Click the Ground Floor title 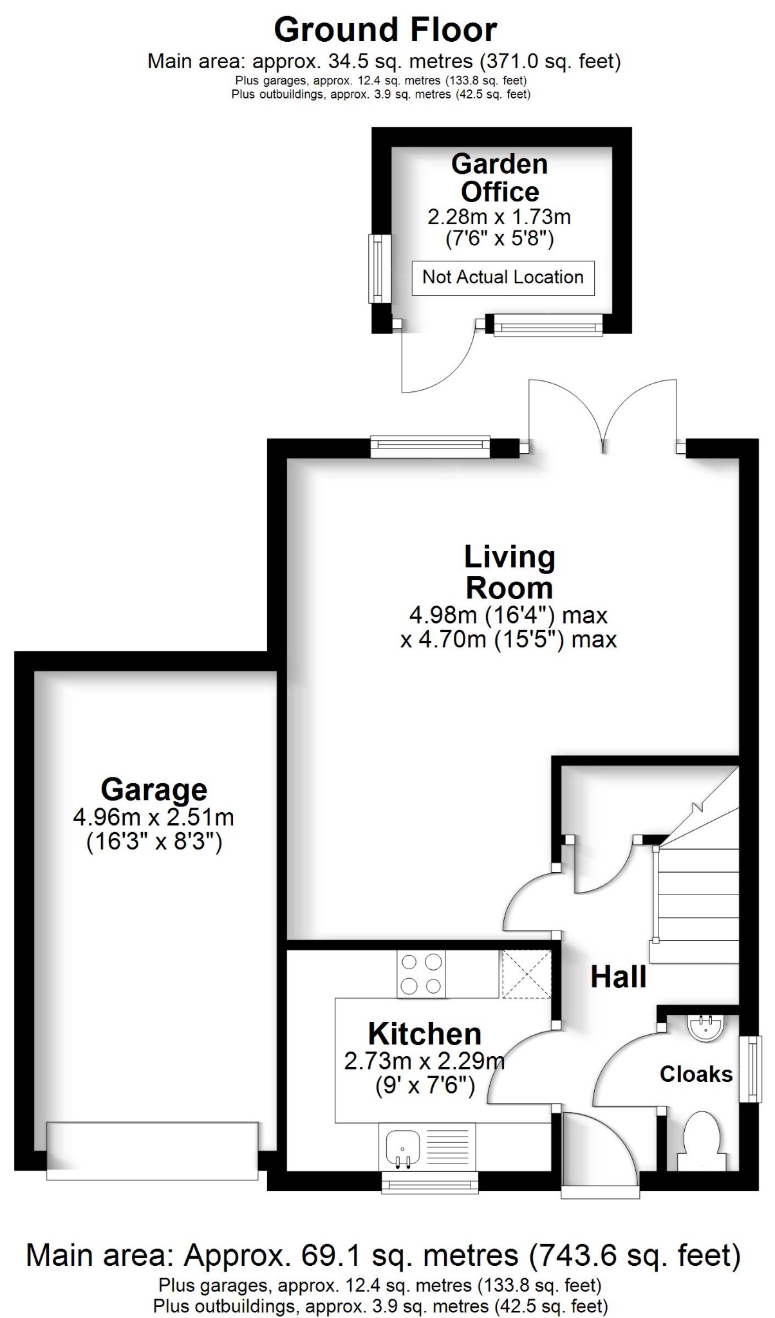click(x=386, y=30)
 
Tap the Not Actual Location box click(x=503, y=277)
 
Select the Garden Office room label click(x=500, y=178)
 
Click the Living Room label click(x=509, y=572)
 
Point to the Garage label click(x=154, y=790)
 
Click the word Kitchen click(x=425, y=1034)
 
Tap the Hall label click(x=619, y=977)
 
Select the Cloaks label click(x=696, y=1074)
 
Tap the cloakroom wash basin click(x=707, y=1028)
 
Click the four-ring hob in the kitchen click(x=422, y=974)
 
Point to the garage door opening click(x=153, y=1152)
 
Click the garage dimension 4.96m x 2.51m click(x=154, y=817)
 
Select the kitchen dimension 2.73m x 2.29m click(x=424, y=1061)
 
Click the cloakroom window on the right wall click(x=751, y=1069)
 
